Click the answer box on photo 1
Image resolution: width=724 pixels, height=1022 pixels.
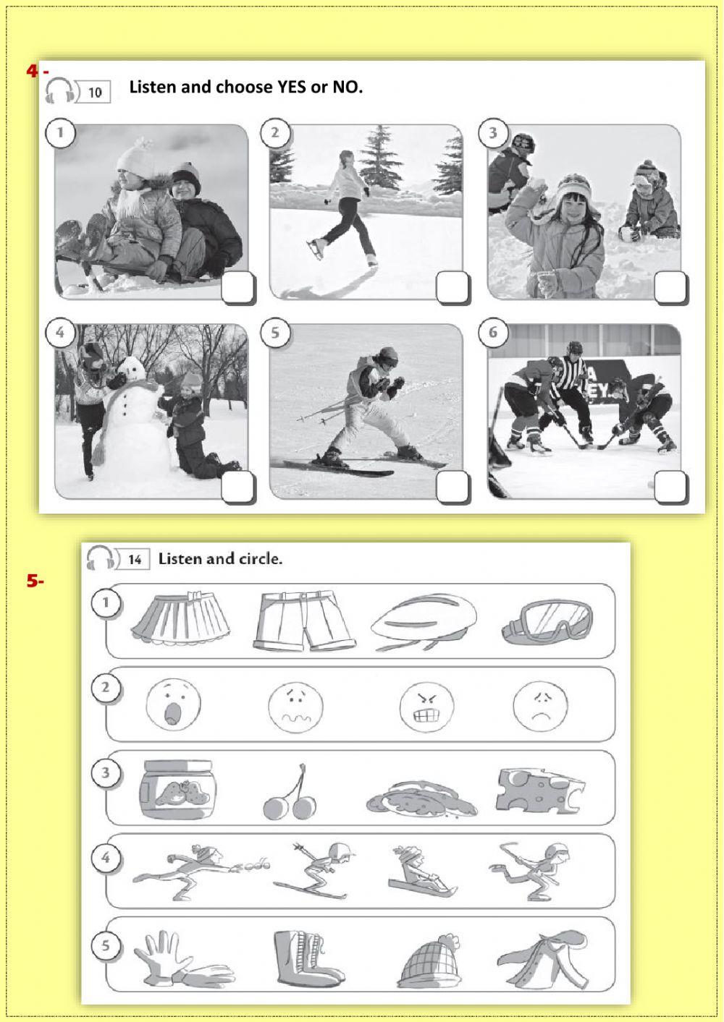[237, 289]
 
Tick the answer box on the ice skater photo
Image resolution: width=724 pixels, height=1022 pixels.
[452, 289]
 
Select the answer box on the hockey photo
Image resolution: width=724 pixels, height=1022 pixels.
[670, 487]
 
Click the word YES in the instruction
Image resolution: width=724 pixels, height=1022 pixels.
[292, 88]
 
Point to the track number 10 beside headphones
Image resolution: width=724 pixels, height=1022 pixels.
[95, 93]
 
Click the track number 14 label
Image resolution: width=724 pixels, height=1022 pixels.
[135, 559]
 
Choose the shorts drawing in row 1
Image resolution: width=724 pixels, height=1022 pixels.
[304, 621]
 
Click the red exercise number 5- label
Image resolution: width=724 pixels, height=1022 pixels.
[35, 581]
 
